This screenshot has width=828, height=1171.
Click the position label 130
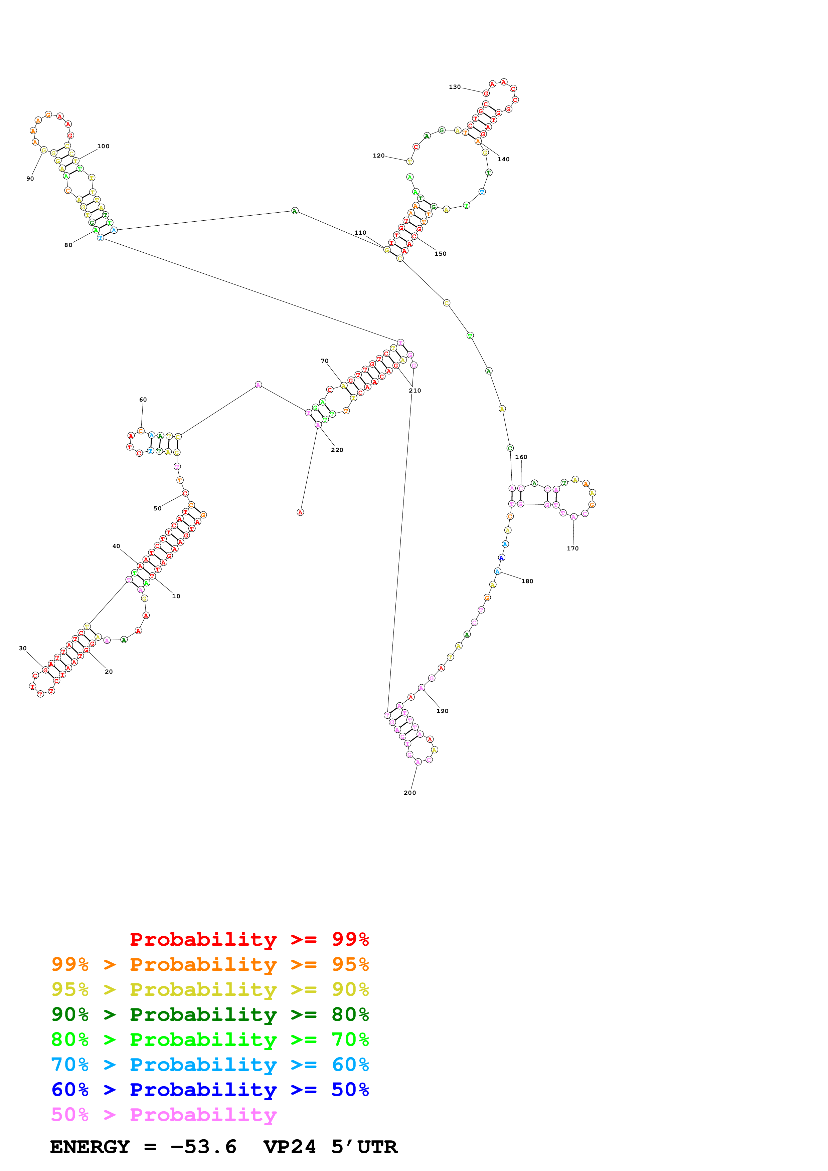[455, 87]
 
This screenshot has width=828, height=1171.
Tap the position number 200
[410, 792]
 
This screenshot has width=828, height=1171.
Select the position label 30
[22, 648]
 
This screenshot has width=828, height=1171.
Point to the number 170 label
[572, 548]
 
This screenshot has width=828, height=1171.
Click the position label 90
[30, 179]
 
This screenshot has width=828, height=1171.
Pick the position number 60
[143, 400]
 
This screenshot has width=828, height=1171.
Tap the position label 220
[337, 450]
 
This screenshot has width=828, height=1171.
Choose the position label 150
[440, 253]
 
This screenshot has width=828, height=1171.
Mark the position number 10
[176, 596]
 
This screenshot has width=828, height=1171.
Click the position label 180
[527, 581]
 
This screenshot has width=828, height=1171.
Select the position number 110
[360, 233]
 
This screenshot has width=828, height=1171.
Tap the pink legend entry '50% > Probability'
[164, 1114]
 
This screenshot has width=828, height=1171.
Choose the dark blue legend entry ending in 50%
[210, 1090]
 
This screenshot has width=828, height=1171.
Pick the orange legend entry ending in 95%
[210, 964]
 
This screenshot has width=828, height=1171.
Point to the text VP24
[289, 1147]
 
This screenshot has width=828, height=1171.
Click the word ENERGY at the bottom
[90, 1147]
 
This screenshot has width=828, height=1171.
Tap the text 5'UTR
[364, 1147]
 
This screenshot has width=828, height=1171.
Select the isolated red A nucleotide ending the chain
[300, 512]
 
